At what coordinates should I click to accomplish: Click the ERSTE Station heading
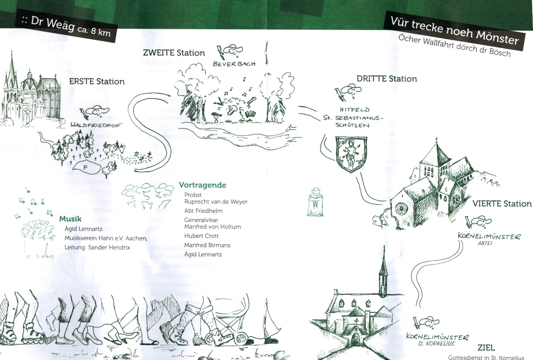pyautogui.click(x=97, y=82)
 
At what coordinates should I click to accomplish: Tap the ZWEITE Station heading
pyautogui.click(x=174, y=53)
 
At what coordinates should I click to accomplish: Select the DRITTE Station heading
pyautogui.click(x=387, y=79)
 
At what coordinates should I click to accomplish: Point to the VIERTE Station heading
pyautogui.click(x=502, y=204)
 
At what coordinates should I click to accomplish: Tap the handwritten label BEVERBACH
pyautogui.click(x=234, y=64)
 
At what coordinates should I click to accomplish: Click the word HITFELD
pyautogui.click(x=355, y=110)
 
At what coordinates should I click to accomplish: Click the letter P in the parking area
pyautogui.click(x=85, y=168)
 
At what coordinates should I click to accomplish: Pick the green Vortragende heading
pyautogui.click(x=203, y=185)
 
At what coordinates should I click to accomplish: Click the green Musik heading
pyautogui.click(x=70, y=219)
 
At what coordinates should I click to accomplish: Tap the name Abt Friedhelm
pyautogui.click(x=203, y=211)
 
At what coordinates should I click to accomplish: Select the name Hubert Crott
pyautogui.click(x=201, y=236)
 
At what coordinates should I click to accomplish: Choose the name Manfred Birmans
pyautogui.click(x=207, y=245)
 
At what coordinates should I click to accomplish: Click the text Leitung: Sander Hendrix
pyautogui.click(x=97, y=248)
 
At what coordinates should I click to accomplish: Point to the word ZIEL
pyautogui.click(x=486, y=348)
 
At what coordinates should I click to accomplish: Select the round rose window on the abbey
pyautogui.click(x=401, y=209)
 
